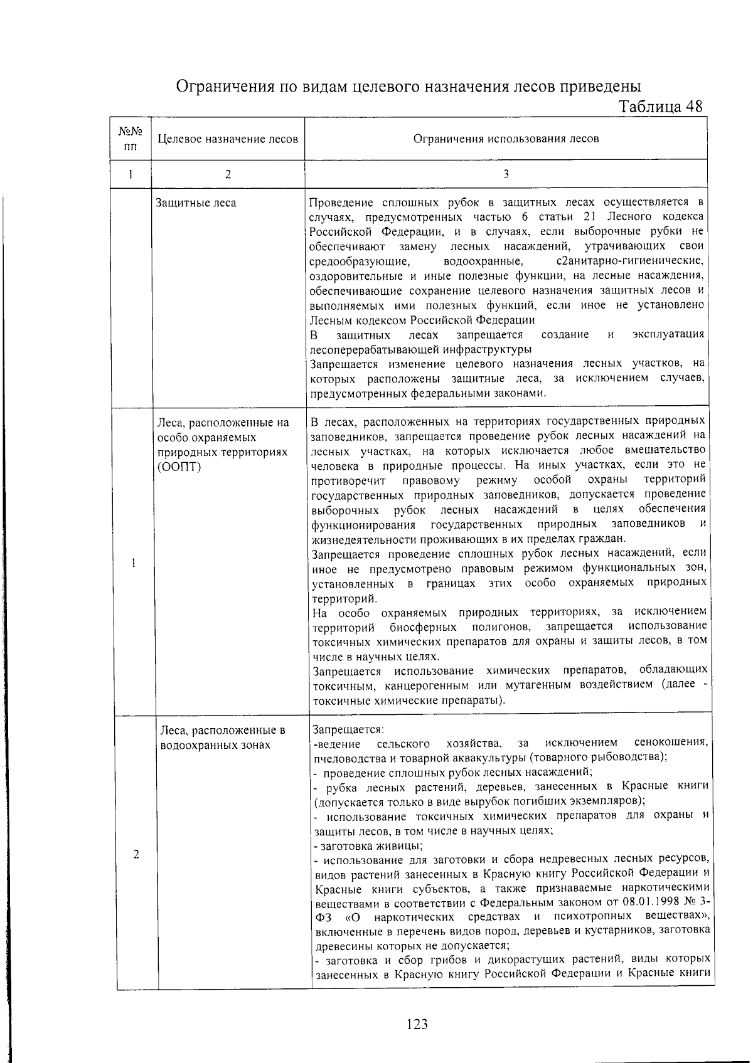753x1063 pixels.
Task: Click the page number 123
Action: coord(417,1024)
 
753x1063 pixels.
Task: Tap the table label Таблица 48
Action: coord(660,107)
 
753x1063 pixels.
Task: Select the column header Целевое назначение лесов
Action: coord(228,139)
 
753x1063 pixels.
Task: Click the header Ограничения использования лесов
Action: coord(506,139)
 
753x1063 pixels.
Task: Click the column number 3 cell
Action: coord(506,174)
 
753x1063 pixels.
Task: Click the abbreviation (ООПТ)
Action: coord(179,467)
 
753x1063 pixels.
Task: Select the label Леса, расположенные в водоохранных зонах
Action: coord(222,738)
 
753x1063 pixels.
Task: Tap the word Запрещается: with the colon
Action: coord(348,729)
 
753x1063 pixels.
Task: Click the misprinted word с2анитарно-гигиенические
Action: coord(629,260)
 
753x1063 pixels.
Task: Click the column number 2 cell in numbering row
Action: coord(228,174)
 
